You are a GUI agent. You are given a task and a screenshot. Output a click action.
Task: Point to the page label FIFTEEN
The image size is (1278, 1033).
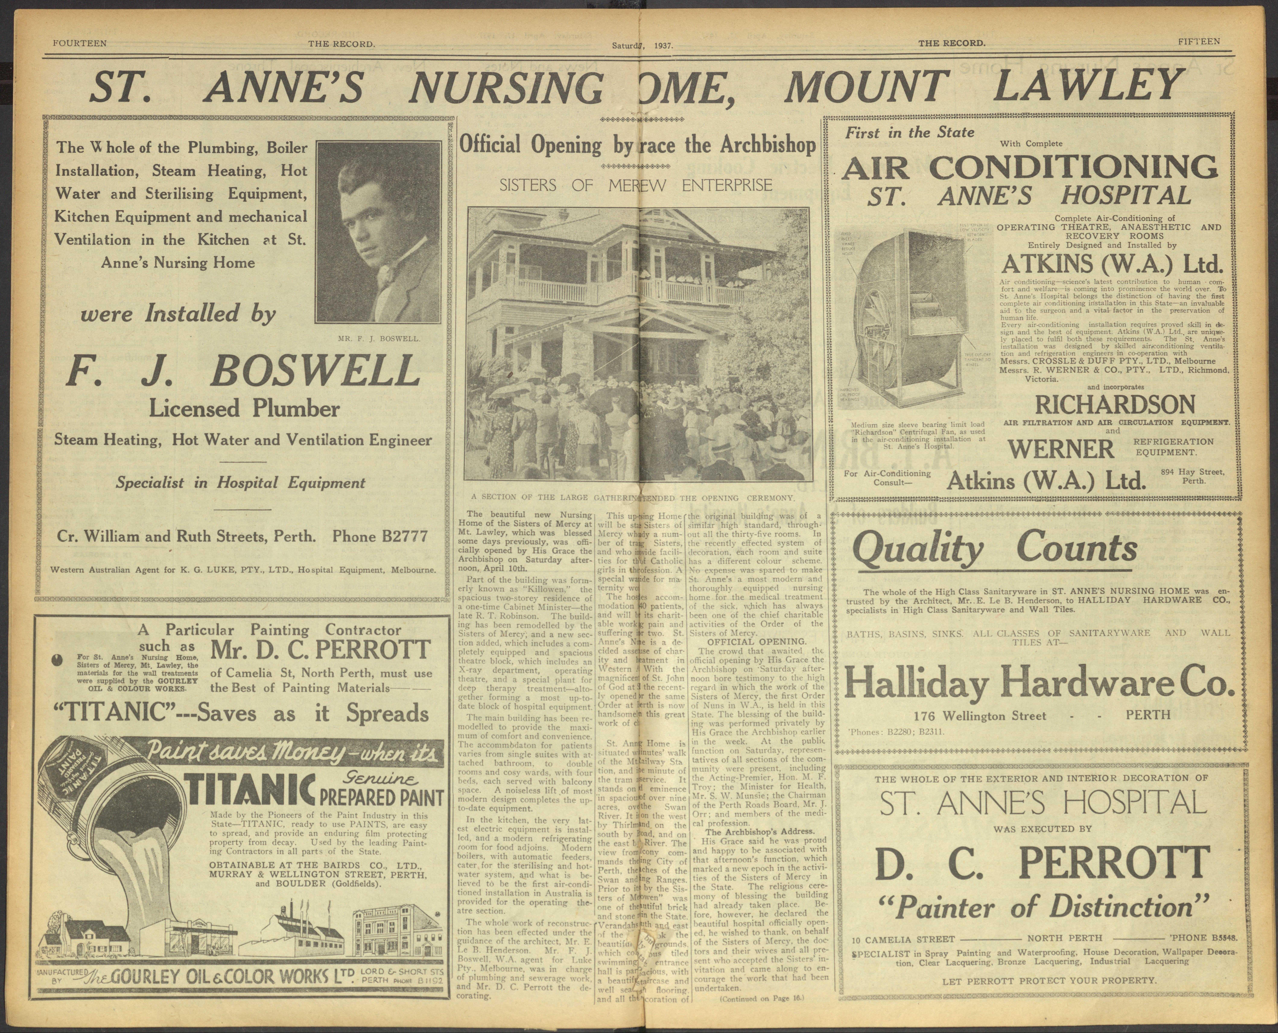pyautogui.click(x=1199, y=42)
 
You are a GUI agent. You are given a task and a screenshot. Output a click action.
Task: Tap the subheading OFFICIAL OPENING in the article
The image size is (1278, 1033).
pyautogui.click(x=756, y=641)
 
